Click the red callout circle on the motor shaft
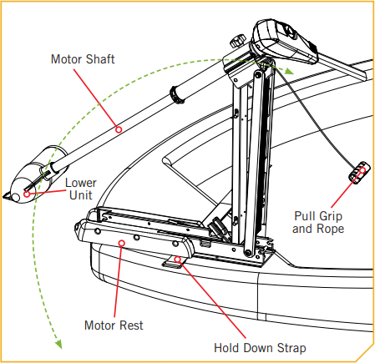[119, 129]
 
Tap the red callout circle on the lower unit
[28, 194]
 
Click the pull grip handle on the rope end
[357, 174]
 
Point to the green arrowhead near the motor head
[289, 72]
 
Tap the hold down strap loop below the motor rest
[171, 263]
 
